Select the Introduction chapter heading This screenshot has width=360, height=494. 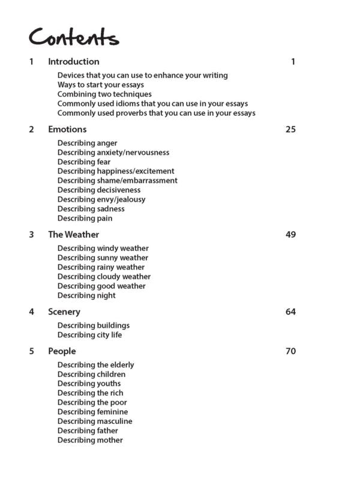(73, 61)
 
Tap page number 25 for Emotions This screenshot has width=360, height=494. (290, 129)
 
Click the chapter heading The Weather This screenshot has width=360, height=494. (73, 234)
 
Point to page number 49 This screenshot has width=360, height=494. (290, 234)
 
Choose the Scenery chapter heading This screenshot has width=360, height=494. (64, 312)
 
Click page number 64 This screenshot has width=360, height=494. (290, 312)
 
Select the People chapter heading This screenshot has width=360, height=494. (62, 351)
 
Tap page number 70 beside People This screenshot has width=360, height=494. (290, 351)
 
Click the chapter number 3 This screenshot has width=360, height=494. (31, 234)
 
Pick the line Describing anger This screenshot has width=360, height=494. (88, 143)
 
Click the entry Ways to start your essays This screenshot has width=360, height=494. (101, 85)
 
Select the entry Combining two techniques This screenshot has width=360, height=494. (104, 94)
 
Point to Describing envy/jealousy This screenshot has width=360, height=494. (101, 199)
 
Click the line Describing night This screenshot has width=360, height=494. (86, 295)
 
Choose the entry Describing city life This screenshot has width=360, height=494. (89, 335)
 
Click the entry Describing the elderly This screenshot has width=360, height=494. (96, 364)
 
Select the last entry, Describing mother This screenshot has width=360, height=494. (90, 440)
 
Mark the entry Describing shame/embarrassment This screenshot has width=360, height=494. (118, 180)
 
